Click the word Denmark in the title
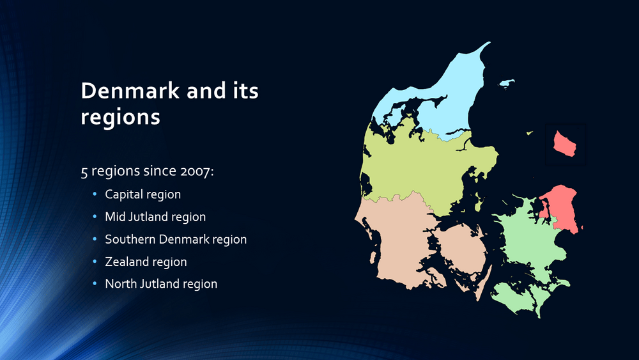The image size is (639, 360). click(130, 90)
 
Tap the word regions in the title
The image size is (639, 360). click(120, 118)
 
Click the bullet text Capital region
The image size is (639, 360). click(142, 194)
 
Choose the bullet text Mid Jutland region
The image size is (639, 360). click(155, 217)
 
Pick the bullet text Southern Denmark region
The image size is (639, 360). click(176, 239)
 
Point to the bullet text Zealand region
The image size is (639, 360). click(146, 262)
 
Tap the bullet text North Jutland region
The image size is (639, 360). click(161, 284)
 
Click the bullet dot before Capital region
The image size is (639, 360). click(95, 194)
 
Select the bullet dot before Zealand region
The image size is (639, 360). click(95, 262)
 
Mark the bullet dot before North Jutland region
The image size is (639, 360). click(95, 283)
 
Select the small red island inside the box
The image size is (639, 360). click(564, 143)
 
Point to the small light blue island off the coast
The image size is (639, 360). click(507, 83)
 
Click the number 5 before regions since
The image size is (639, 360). click(84, 171)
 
